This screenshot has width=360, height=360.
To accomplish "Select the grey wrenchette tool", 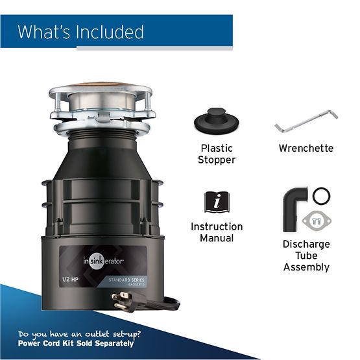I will point(306,121).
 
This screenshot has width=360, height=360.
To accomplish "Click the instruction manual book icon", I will point(216,202).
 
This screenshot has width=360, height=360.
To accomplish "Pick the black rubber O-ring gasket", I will point(321,196).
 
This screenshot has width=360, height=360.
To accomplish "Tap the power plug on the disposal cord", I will point(124,300).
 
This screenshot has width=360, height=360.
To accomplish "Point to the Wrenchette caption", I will point(306,149).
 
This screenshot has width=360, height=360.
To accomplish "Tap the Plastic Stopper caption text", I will point(217,154).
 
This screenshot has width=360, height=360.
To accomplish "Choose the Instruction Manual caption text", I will point(217,232).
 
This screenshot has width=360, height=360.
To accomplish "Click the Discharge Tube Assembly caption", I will point(306,256).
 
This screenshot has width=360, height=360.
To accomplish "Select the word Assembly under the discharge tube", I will point(306,267).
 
